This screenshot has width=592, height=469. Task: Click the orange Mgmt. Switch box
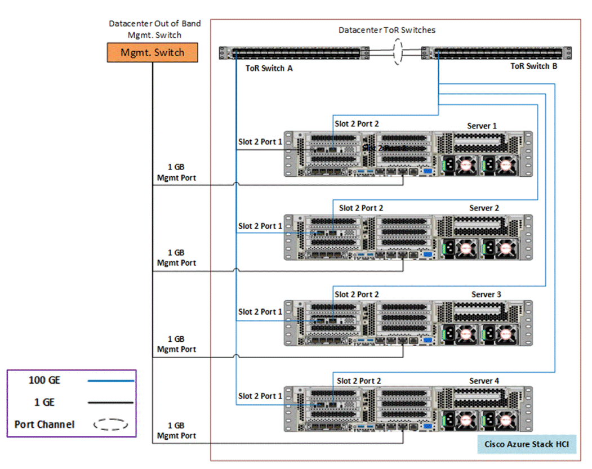(x=152, y=53)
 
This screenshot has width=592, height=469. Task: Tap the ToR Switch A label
(x=269, y=68)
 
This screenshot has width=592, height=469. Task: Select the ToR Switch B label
(x=533, y=66)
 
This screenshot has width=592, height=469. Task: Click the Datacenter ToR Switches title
(x=386, y=30)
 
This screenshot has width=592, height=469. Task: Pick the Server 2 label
(x=484, y=208)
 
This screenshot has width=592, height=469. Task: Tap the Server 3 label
(x=486, y=294)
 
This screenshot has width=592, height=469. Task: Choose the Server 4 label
(x=484, y=381)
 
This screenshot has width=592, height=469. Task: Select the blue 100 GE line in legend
(x=110, y=381)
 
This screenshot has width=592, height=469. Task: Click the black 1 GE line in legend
(x=110, y=403)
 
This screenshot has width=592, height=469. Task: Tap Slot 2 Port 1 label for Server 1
(x=260, y=142)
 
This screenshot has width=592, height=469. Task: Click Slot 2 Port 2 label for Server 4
(x=359, y=381)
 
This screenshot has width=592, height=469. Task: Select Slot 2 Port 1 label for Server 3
(x=260, y=312)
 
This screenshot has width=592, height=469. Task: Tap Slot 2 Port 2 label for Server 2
(x=361, y=208)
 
